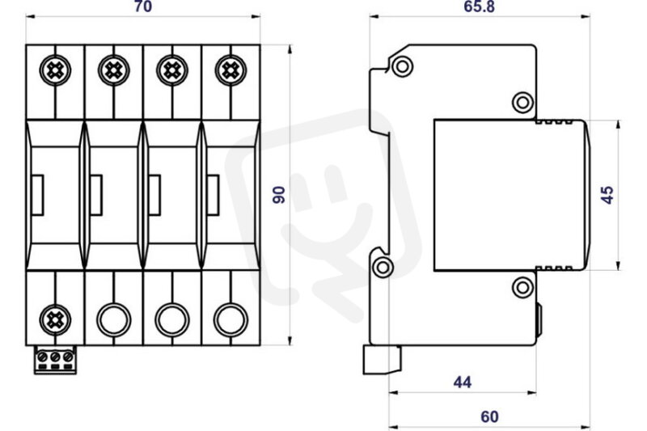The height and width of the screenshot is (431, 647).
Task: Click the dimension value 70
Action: coord(143,6)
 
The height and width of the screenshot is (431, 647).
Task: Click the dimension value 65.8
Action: coord(479,6)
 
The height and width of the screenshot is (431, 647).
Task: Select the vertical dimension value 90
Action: coord(279,195)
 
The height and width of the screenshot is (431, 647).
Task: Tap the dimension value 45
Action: coord(607,195)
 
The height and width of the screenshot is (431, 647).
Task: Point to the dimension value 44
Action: coord(462,382)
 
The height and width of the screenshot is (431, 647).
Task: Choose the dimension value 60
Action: coord(489,417)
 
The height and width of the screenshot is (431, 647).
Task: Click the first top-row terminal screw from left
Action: coord(55,70)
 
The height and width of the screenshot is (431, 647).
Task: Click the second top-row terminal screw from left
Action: coord(114,70)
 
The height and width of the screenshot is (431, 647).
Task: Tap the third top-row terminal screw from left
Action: coord(172,70)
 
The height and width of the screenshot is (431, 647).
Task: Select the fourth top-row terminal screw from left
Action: coord(230,70)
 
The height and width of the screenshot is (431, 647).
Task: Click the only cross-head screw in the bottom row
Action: coord(55,319)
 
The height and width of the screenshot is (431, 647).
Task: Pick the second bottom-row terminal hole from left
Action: coord(114,319)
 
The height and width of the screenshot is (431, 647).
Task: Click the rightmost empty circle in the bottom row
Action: coord(230,319)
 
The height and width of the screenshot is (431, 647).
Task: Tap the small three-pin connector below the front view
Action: coord(55,360)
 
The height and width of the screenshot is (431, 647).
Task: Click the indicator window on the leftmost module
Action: coord(37,195)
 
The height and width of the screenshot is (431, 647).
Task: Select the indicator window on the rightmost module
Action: coord(213,195)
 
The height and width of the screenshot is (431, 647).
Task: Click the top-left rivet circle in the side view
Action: coord(402,66)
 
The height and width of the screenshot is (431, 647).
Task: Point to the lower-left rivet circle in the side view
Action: coord(383,268)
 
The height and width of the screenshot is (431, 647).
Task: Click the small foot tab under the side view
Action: coord(382,360)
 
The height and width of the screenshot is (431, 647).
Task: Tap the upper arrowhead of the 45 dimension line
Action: coord(618,125)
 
